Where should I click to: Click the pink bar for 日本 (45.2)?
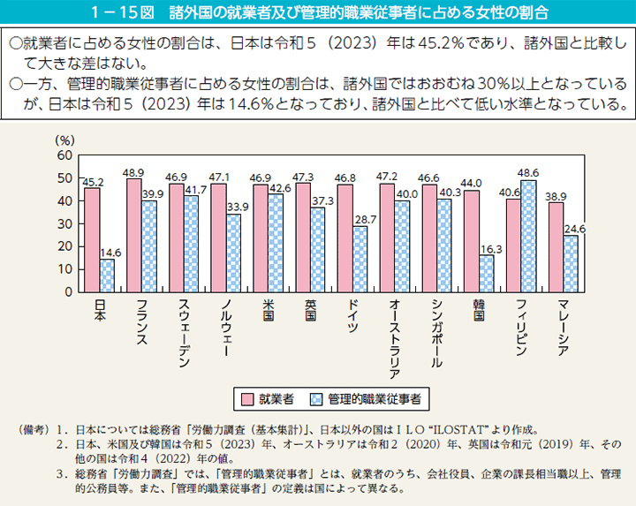coord(91,239)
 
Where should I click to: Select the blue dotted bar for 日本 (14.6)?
coord(107,275)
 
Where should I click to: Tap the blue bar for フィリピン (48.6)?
coord(528,236)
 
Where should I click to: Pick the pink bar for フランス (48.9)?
coord(134,235)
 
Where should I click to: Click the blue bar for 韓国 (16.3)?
coord(486,273)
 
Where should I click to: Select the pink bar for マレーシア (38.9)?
coord(556,246)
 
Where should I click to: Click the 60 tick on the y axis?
coord(63,155)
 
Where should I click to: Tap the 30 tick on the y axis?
coord(63,223)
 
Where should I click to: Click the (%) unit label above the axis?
coord(65,140)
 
